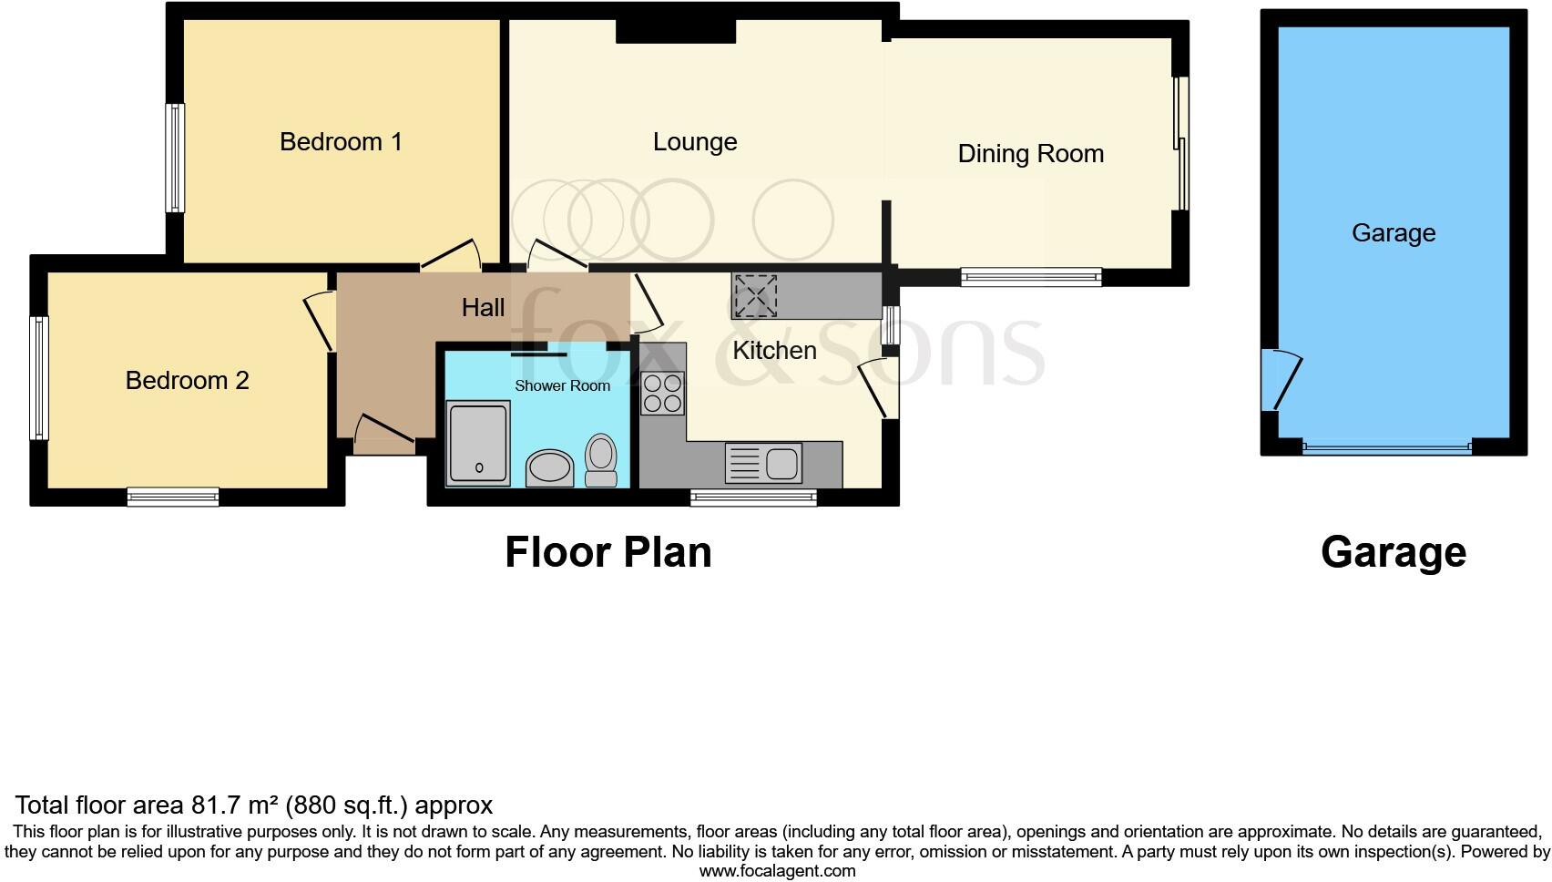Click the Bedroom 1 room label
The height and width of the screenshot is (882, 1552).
341,142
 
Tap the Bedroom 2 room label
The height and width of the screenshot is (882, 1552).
187,380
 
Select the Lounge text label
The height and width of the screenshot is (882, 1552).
695,142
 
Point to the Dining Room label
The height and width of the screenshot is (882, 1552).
1030,154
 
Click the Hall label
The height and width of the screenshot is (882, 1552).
483,308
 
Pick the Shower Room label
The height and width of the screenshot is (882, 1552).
562,386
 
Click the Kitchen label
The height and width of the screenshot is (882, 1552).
774,351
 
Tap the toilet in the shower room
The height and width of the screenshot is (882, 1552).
600,459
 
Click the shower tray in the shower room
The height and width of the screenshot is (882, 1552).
478,443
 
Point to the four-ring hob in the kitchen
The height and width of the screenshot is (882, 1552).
662,394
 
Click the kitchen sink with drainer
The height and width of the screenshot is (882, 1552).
763,463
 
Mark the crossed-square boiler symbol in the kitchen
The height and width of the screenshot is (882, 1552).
756,295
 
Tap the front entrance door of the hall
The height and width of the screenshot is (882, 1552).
383,438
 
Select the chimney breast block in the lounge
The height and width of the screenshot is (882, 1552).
675,31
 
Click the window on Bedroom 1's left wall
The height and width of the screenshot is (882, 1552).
174,158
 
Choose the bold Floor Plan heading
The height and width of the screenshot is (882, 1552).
608,552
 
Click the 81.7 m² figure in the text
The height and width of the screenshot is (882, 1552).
234,805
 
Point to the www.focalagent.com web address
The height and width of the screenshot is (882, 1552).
777,871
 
